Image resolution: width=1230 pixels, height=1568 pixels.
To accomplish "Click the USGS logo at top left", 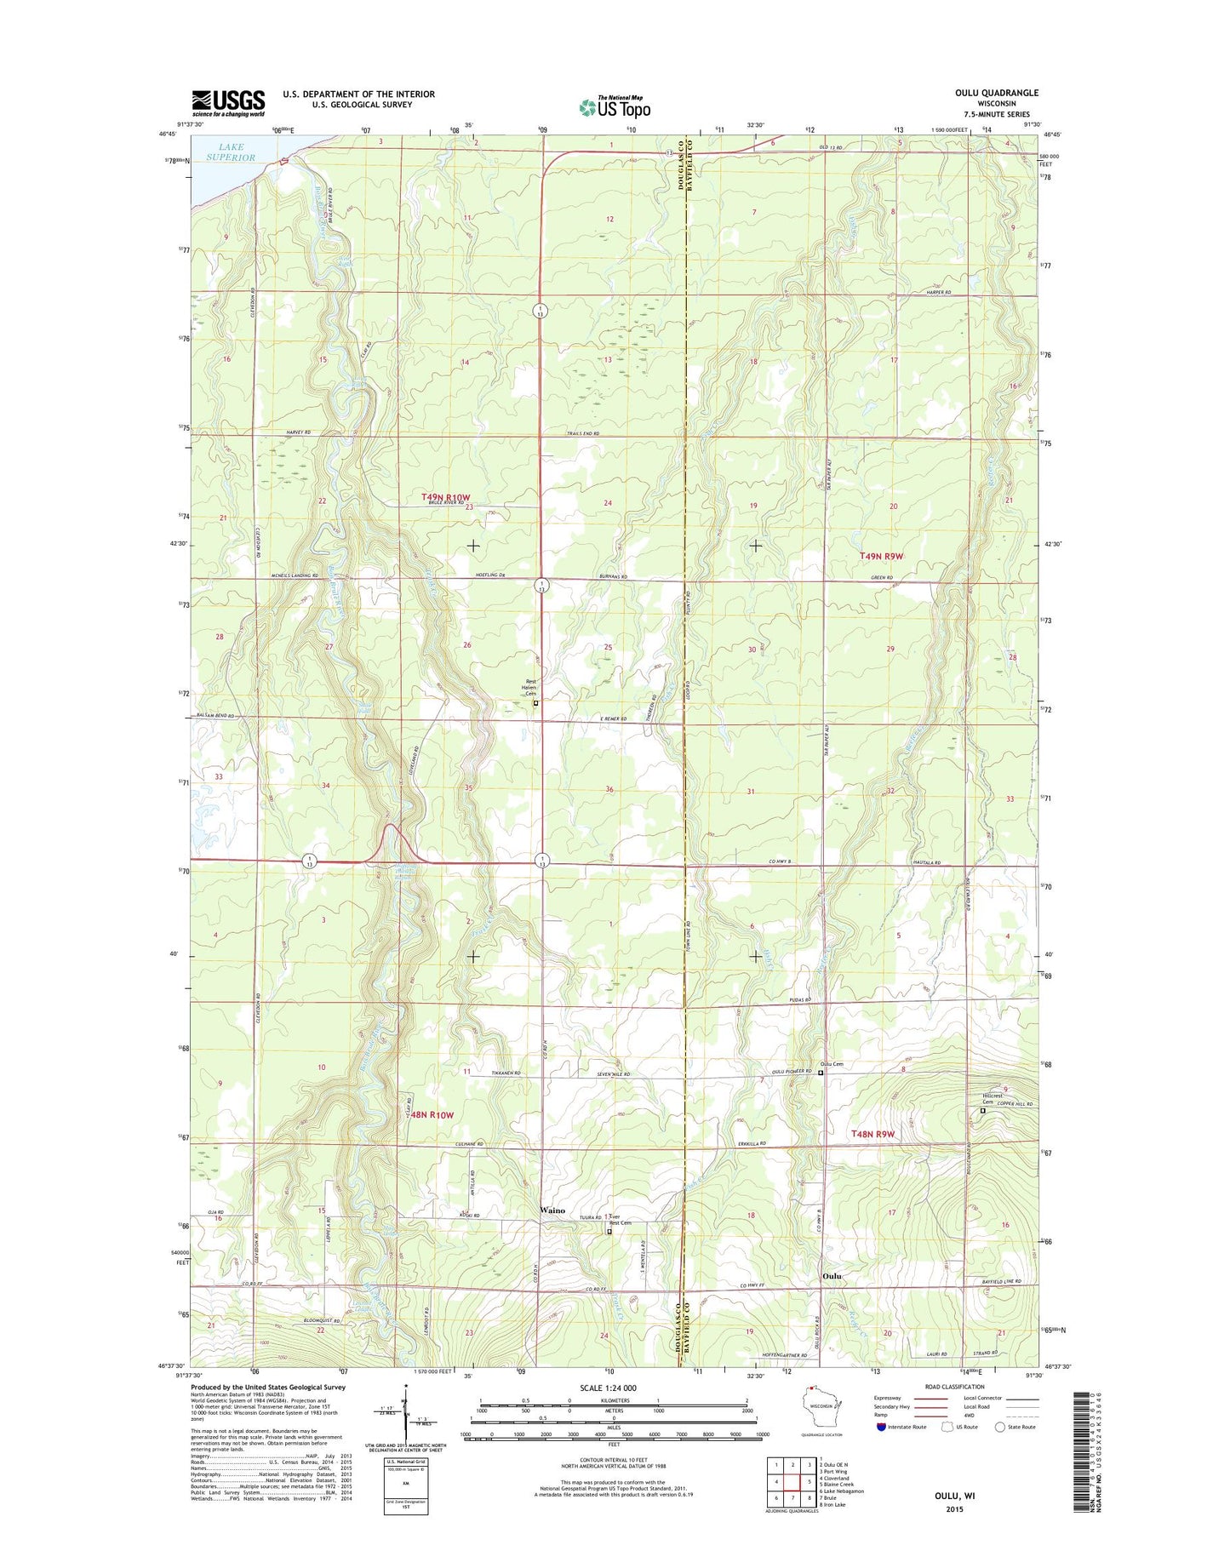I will click(227, 103).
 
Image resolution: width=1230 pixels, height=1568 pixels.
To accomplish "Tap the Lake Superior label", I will click(231, 152).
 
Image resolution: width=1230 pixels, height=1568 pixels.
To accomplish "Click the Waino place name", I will click(552, 1210).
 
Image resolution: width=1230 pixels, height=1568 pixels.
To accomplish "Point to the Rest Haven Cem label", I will click(535, 687).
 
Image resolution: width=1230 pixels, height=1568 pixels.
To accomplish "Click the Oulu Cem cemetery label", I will click(832, 1064).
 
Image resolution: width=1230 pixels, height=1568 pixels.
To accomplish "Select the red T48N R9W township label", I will click(873, 1134).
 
